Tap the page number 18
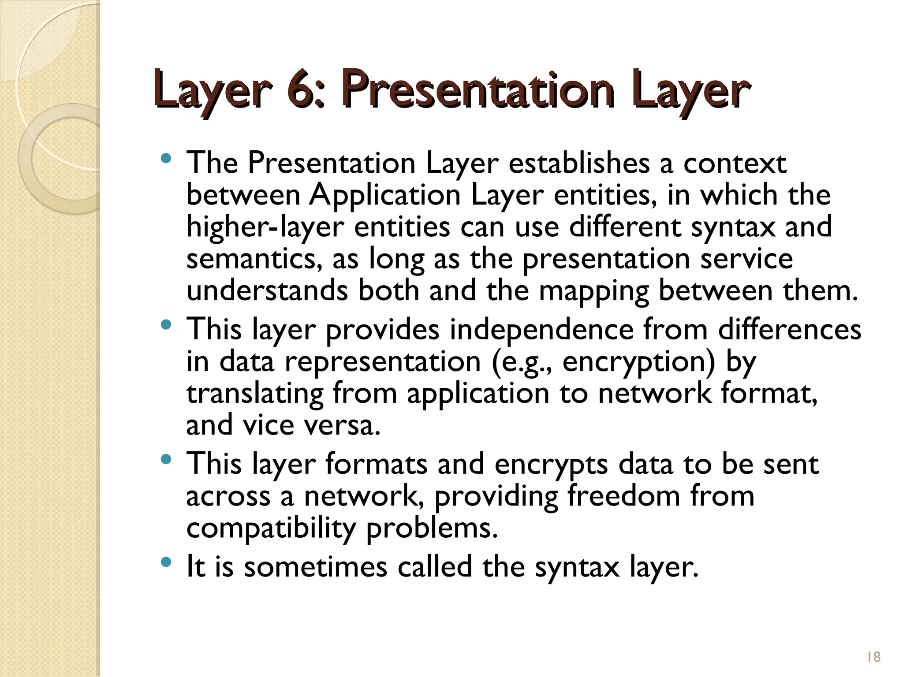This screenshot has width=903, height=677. [873, 657]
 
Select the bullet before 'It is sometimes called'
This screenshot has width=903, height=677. [166, 562]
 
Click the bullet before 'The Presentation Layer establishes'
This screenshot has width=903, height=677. [166, 158]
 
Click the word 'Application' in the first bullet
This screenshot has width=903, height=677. [384, 195]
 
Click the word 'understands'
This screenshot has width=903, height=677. [267, 291]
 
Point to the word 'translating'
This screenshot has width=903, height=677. [255, 394]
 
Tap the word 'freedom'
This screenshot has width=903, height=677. [623, 496]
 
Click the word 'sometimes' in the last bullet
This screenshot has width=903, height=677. [316, 567]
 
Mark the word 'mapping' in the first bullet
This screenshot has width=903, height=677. [593, 291]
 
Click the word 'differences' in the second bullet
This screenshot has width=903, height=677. [789, 329]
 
